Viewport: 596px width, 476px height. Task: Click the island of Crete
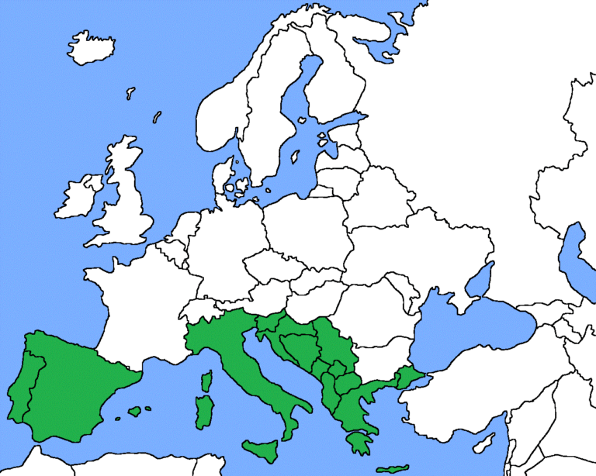click(391, 469)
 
